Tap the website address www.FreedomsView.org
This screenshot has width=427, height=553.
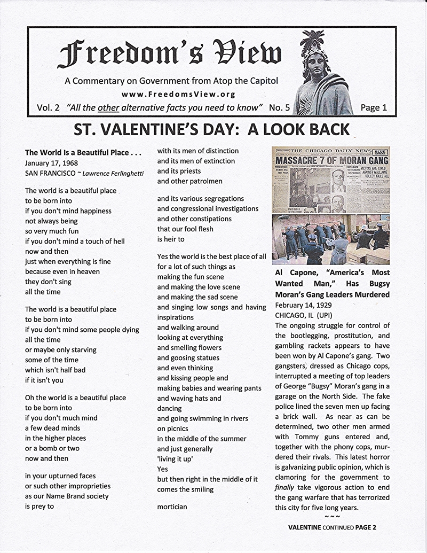click(179, 94)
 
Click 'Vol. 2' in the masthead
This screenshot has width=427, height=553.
click(48, 107)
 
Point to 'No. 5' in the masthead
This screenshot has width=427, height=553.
click(280, 107)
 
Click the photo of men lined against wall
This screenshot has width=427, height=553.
click(331, 239)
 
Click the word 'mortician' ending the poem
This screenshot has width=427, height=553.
click(172, 507)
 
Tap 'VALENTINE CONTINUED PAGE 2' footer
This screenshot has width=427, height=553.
click(332, 527)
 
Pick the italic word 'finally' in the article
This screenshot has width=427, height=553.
click(284, 488)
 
